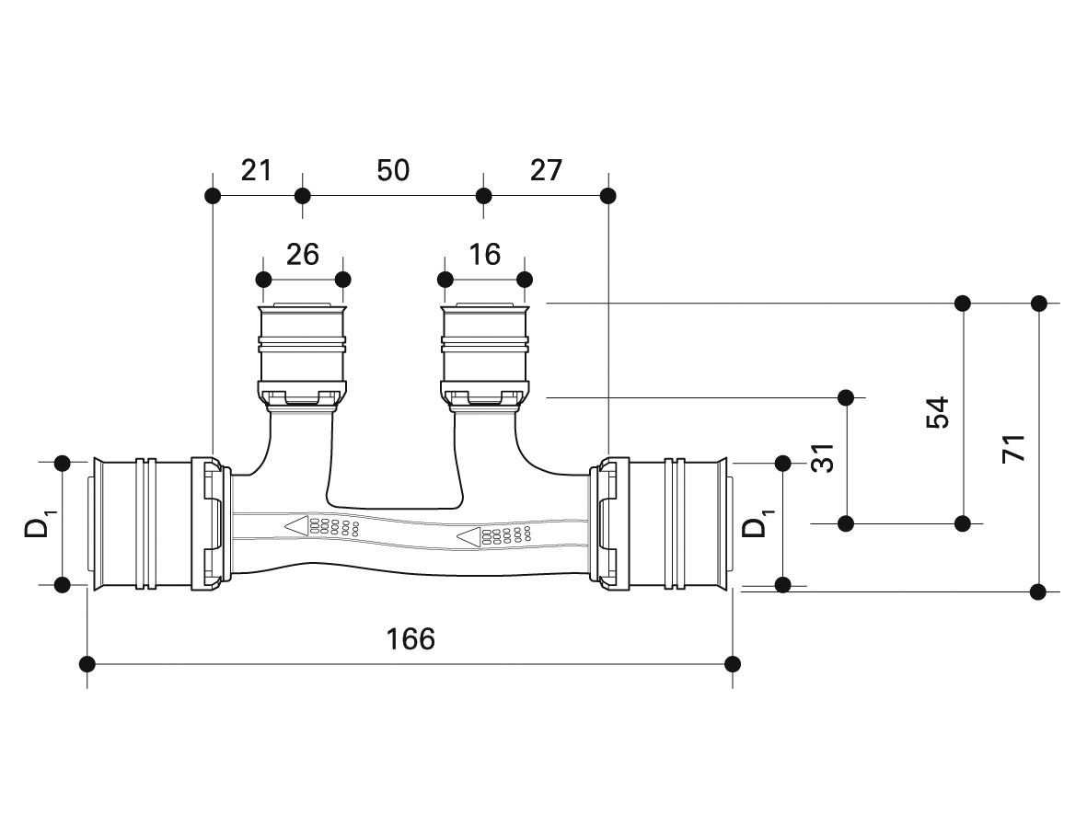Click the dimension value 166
(411, 638)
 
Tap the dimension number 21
(257, 170)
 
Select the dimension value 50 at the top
(393, 170)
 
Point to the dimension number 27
(546, 170)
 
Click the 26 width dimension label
(303, 254)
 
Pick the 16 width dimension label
(484, 254)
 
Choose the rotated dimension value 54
(937, 413)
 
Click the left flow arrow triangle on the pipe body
(296, 526)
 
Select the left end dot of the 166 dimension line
(87, 663)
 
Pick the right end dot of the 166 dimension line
(733, 663)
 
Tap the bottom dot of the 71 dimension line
(1039, 591)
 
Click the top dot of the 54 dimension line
(963, 303)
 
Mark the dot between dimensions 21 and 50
(302, 195)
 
